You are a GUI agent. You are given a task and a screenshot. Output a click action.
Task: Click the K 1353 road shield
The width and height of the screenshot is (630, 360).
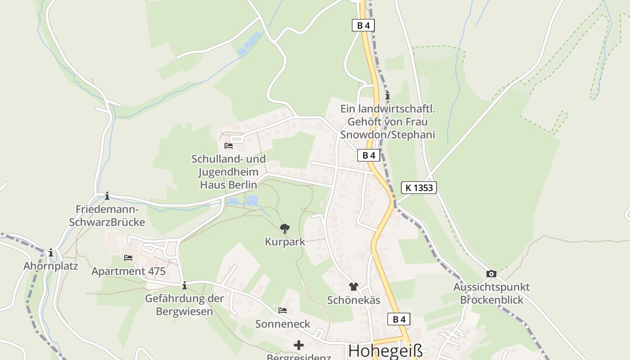click(x=419, y=188)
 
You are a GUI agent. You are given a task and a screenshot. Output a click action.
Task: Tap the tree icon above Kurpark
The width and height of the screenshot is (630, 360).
click(x=284, y=229)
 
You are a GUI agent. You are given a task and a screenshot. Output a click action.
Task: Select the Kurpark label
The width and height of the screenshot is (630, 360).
click(x=285, y=242)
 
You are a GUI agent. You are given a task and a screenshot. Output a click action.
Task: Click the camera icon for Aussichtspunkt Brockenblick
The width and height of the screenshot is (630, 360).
click(x=491, y=274)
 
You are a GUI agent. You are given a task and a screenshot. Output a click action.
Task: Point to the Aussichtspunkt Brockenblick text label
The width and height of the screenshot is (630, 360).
click(x=491, y=293)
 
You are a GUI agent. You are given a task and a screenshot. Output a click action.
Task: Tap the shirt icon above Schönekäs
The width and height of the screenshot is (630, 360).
click(x=353, y=287)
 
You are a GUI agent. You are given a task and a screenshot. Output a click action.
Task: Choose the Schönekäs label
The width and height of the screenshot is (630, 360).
click(x=354, y=300)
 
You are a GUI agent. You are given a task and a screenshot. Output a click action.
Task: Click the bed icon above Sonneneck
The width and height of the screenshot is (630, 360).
click(x=283, y=310)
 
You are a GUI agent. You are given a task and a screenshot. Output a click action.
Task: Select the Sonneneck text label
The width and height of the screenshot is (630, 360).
click(x=283, y=324)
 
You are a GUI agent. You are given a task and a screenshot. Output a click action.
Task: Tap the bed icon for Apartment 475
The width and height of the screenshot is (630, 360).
click(x=128, y=258)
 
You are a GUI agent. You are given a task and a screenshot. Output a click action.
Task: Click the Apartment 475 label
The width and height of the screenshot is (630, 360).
click(x=128, y=271)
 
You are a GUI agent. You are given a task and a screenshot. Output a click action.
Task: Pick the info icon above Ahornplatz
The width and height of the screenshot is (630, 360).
click(x=51, y=253)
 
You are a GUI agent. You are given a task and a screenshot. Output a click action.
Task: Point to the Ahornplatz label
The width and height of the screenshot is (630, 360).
click(x=51, y=266)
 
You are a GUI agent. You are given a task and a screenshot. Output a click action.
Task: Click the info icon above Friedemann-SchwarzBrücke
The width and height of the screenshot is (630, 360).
click(x=107, y=196)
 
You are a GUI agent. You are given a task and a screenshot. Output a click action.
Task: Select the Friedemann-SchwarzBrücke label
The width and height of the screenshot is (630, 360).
click(x=107, y=216)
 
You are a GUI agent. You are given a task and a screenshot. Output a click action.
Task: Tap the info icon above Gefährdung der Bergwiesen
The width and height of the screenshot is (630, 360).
click(x=184, y=286)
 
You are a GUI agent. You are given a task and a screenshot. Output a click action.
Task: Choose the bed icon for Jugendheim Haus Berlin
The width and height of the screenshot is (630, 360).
click(x=229, y=146)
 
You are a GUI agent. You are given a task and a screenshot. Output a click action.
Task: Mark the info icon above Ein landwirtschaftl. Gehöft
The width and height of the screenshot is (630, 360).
click(x=387, y=96)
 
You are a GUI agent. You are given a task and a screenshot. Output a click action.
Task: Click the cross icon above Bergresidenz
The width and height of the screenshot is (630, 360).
click(x=299, y=345)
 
